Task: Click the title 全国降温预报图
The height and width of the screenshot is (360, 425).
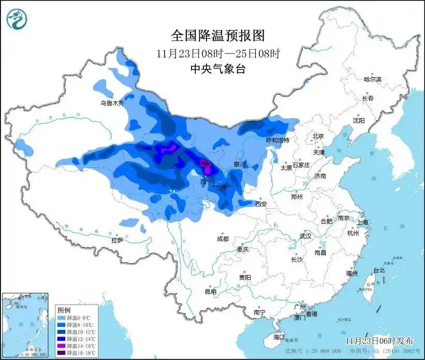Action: point(218,36)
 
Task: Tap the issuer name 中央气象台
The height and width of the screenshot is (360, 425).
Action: point(218,68)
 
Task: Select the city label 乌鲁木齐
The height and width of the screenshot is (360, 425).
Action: point(112,103)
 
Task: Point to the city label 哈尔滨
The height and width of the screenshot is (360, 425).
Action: point(372,79)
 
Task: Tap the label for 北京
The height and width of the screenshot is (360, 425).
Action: point(317,136)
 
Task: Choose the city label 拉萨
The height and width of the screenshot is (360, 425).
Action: point(117,240)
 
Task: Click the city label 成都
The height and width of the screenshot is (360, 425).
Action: point(223,239)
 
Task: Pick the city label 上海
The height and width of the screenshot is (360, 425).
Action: point(362,222)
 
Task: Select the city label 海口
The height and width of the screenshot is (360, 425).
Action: point(279,337)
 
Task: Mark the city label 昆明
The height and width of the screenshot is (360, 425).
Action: point(210,292)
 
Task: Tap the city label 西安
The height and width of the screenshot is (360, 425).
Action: point(261,204)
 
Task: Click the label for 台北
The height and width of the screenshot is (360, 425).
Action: point(379,270)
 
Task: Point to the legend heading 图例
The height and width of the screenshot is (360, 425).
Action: point(64,309)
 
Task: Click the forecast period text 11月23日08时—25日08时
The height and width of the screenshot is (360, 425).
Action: point(218,53)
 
